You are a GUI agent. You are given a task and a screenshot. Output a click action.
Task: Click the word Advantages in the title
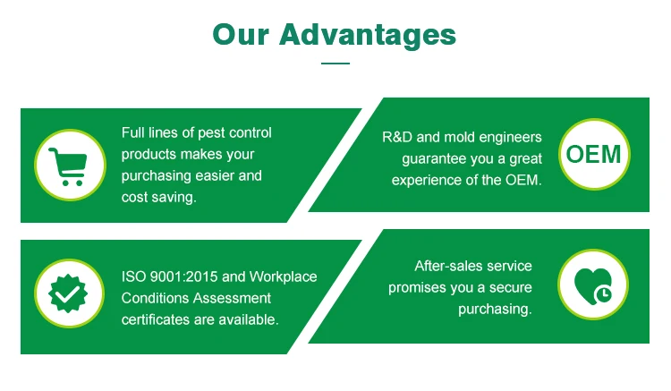click(x=368, y=36)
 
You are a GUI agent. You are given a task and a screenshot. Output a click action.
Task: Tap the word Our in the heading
click(x=241, y=34)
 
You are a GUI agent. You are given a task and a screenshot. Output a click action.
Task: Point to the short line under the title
click(x=335, y=64)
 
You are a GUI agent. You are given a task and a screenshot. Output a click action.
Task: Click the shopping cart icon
click(x=69, y=166)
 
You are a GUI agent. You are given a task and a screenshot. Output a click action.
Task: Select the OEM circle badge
click(x=594, y=155)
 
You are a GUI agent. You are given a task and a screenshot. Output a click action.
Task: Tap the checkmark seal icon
click(x=68, y=293)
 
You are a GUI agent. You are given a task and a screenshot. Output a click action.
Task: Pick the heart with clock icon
click(x=593, y=285)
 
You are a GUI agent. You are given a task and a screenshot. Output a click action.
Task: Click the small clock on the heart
click(x=603, y=293)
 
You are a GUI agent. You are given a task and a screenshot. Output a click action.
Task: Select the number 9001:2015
click(x=184, y=276)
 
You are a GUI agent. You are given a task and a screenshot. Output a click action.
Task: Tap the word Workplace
click(x=284, y=276)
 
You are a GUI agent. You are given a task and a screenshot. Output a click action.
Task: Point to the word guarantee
click(x=434, y=159)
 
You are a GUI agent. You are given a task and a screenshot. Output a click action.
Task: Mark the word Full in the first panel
click(x=132, y=132)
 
